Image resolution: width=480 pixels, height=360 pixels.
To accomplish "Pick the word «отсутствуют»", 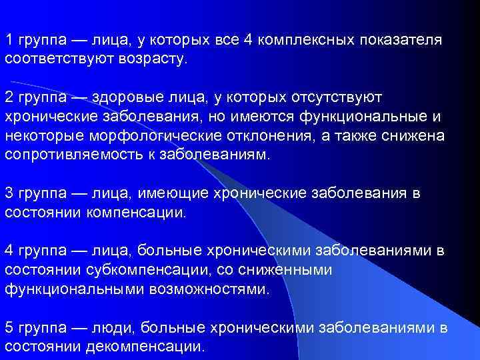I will point(337,97).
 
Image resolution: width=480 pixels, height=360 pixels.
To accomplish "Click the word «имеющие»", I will point(174,194).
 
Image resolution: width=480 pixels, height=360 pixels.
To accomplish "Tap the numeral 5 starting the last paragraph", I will point(9,329).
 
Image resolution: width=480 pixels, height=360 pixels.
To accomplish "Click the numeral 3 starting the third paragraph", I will point(9,194).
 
